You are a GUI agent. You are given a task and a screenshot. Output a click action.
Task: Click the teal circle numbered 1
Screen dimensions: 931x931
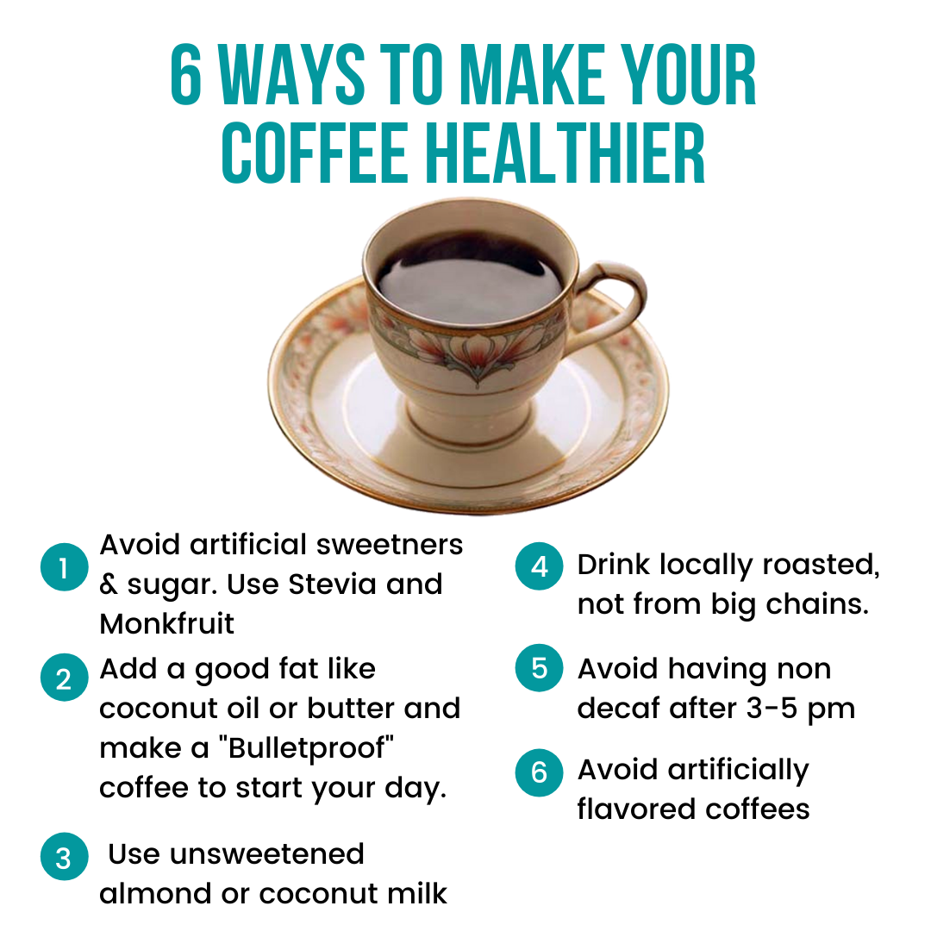[64, 567]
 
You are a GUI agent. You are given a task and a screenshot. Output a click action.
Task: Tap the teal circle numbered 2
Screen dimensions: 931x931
[64, 678]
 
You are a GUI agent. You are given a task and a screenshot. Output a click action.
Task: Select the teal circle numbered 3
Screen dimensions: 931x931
[64, 856]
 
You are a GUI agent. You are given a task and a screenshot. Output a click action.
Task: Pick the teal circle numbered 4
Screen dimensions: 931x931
[539, 565]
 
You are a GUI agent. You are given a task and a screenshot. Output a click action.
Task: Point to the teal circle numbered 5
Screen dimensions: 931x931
[539, 668]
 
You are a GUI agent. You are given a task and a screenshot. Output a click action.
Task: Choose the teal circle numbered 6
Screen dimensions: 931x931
[539, 772]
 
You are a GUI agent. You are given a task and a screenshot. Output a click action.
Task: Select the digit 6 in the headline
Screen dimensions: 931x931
[186, 75]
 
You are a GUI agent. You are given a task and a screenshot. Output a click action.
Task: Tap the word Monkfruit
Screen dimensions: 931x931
[167, 624]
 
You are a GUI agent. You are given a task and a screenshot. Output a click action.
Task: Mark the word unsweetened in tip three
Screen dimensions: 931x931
[266, 854]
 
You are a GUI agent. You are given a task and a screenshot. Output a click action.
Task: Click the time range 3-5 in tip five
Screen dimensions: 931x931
[772, 708]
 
